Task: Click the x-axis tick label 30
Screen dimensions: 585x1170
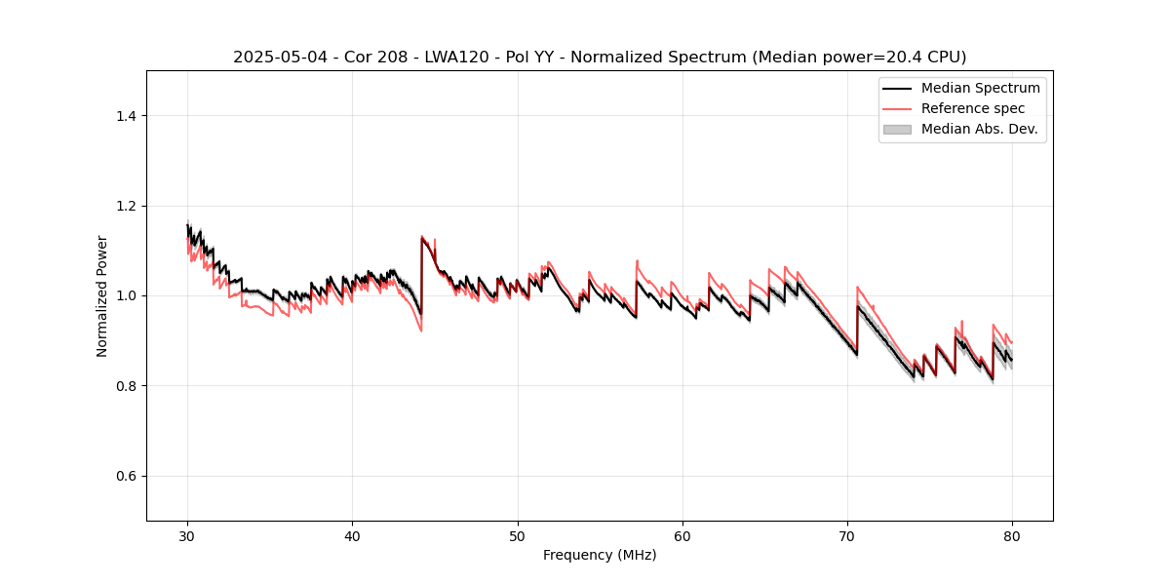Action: coord(187,535)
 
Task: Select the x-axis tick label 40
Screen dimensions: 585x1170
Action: coord(352,535)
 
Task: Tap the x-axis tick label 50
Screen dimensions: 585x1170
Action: coord(518,535)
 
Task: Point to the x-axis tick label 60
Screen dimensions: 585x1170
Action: coord(682,535)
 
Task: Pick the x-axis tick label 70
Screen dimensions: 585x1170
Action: coord(847,535)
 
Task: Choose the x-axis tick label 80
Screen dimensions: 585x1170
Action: coord(1012,535)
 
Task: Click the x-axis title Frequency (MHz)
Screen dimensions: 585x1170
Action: coord(600,555)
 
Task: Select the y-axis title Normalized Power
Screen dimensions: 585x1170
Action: coord(102,295)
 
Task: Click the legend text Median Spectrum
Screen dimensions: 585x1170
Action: coord(980,88)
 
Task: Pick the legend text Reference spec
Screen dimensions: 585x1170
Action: coord(973,108)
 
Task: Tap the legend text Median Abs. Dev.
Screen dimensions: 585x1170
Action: coord(979,129)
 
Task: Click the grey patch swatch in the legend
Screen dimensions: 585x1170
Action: coord(897,129)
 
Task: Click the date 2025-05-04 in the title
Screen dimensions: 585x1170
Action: coord(277,58)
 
